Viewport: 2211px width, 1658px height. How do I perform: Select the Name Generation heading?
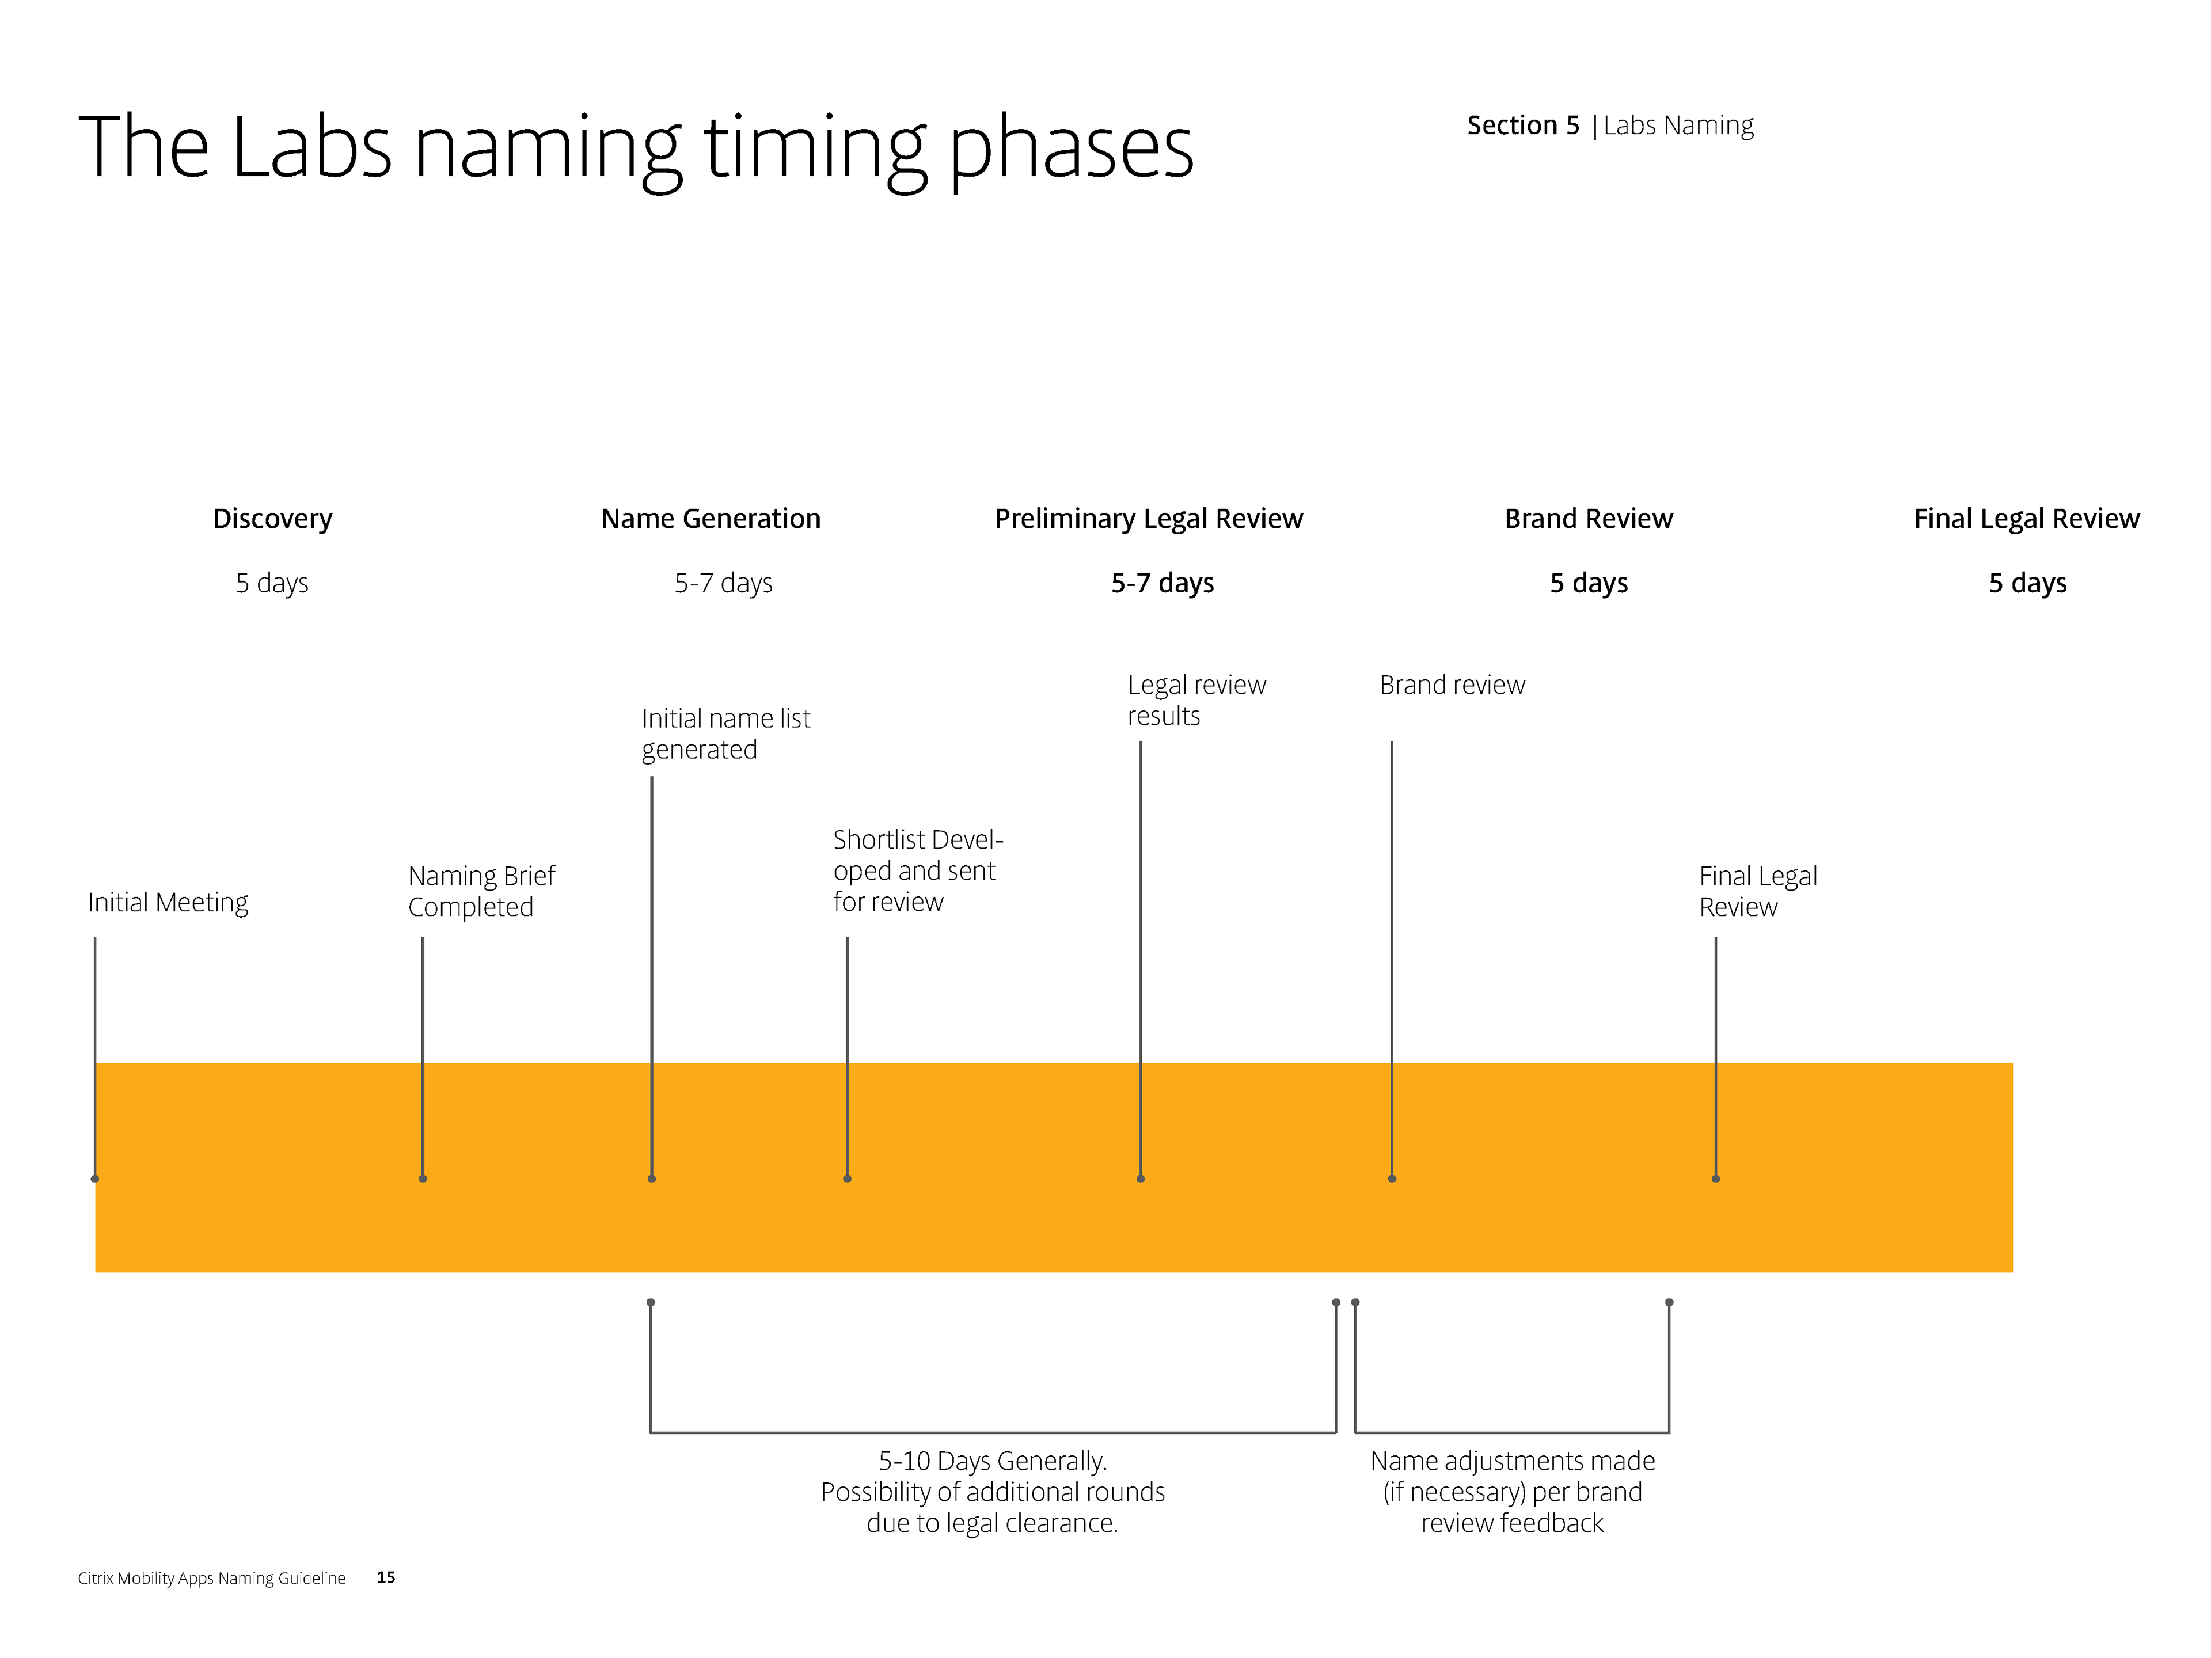coord(711,519)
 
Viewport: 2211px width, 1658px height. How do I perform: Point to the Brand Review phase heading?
coord(1588,519)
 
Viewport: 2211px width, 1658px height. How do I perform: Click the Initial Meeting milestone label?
coord(168,903)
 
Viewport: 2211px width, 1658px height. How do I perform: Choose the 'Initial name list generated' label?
coord(725,733)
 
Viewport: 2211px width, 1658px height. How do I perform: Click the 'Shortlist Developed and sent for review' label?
coord(918,870)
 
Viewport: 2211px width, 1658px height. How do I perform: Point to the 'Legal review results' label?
coord(1196,699)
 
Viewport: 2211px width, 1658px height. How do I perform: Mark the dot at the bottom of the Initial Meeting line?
coord(95,1179)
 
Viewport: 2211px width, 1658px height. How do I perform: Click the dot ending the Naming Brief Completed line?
coord(423,1179)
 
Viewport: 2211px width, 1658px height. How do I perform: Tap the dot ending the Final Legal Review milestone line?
coord(1716,1179)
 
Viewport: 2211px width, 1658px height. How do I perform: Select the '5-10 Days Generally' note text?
coord(993,1461)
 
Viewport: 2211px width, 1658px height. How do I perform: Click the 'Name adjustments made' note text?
coord(1513,1461)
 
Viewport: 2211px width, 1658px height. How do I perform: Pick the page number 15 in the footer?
coord(386,1577)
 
